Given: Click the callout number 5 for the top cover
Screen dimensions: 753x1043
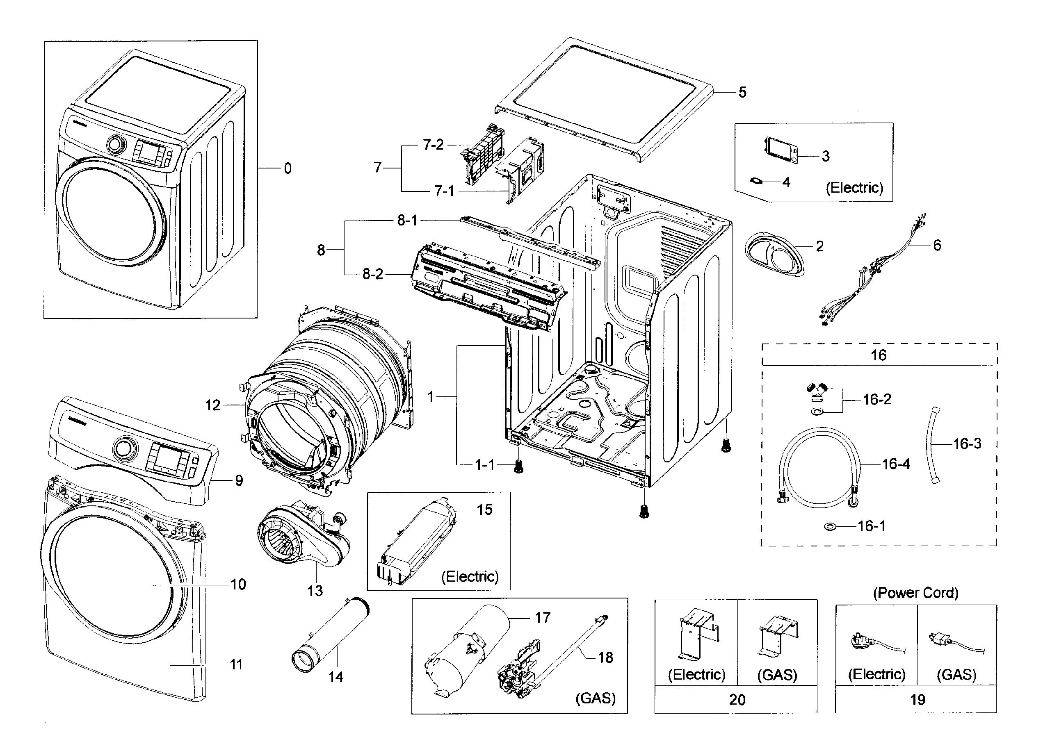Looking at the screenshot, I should pyautogui.click(x=742, y=92).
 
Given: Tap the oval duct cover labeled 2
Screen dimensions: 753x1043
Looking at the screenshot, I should pyautogui.click(x=774, y=254).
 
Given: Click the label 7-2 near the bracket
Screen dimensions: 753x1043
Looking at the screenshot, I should pyautogui.click(x=433, y=145).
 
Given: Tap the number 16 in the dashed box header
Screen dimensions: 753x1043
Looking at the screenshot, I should pyautogui.click(x=879, y=355).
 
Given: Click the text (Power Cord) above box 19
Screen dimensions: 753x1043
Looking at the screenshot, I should pyautogui.click(x=915, y=593).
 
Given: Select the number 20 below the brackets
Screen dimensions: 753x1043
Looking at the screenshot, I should pyautogui.click(x=737, y=699).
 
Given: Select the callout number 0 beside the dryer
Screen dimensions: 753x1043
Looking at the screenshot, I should pyautogui.click(x=288, y=169).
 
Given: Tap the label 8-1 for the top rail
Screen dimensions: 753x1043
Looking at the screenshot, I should pyautogui.click(x=407, y=221).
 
